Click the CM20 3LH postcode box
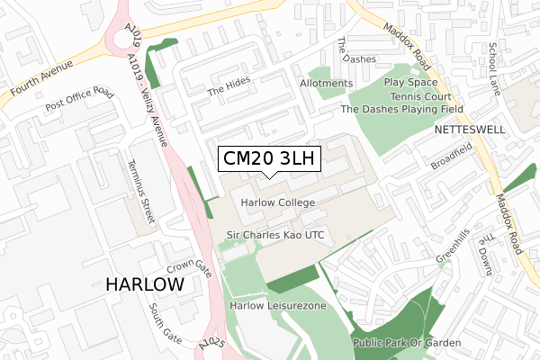(x=267, y=159)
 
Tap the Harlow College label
(x=278, y=202)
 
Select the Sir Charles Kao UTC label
(x=274, y=235)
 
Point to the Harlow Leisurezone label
(x=277, y=306)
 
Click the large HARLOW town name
(x=145, y=284)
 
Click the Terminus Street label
(x=138, y=190)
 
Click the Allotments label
(x=325, y=84)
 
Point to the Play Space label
(x=409, y=82)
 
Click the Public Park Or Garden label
(x=407, y=343)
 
